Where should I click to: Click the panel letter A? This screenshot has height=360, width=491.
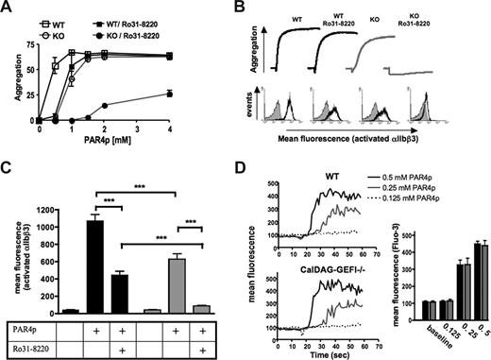[8, 9]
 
